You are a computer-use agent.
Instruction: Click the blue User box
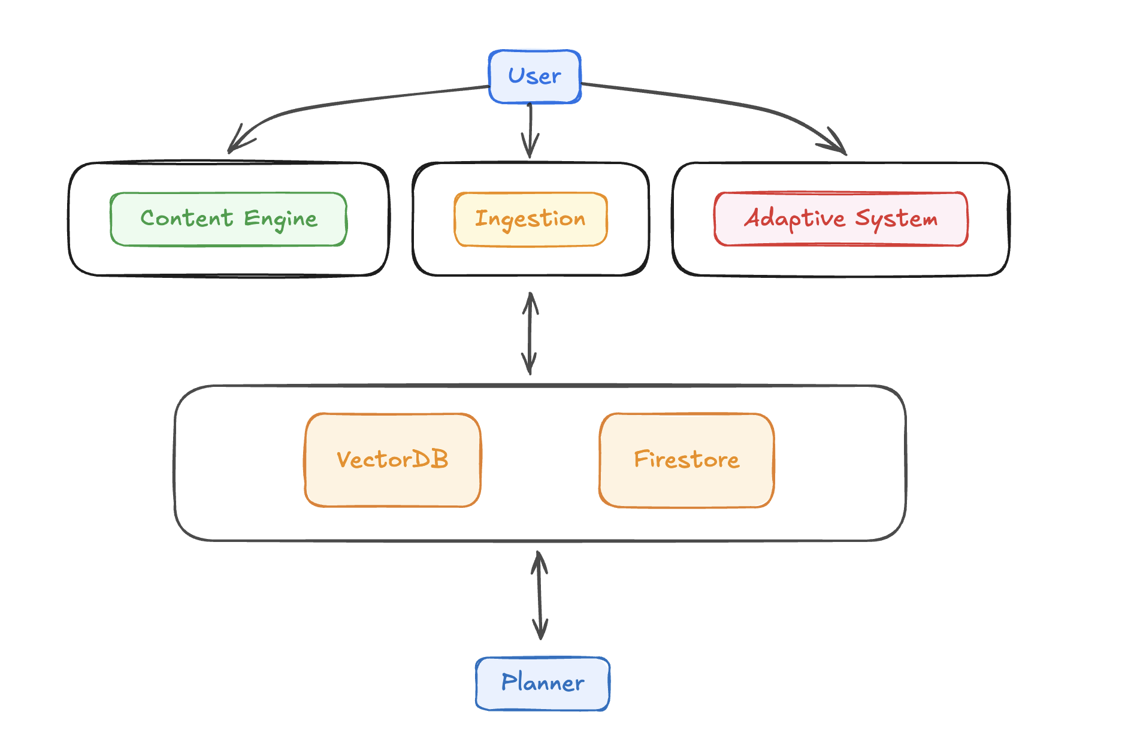534,77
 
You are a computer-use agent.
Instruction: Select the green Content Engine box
228,219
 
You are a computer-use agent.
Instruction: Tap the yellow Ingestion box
530,219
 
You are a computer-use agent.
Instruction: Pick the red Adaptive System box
840,219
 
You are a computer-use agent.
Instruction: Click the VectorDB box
392,460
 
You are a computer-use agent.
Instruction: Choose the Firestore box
687,460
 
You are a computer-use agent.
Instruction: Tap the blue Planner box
542,683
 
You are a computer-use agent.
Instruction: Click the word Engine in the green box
280,219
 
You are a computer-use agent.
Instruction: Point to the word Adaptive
794,219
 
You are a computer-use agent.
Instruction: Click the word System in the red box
896,219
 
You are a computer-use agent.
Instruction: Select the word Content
187,218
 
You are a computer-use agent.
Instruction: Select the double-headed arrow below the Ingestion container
530,333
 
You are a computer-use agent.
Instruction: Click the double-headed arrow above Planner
540,595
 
